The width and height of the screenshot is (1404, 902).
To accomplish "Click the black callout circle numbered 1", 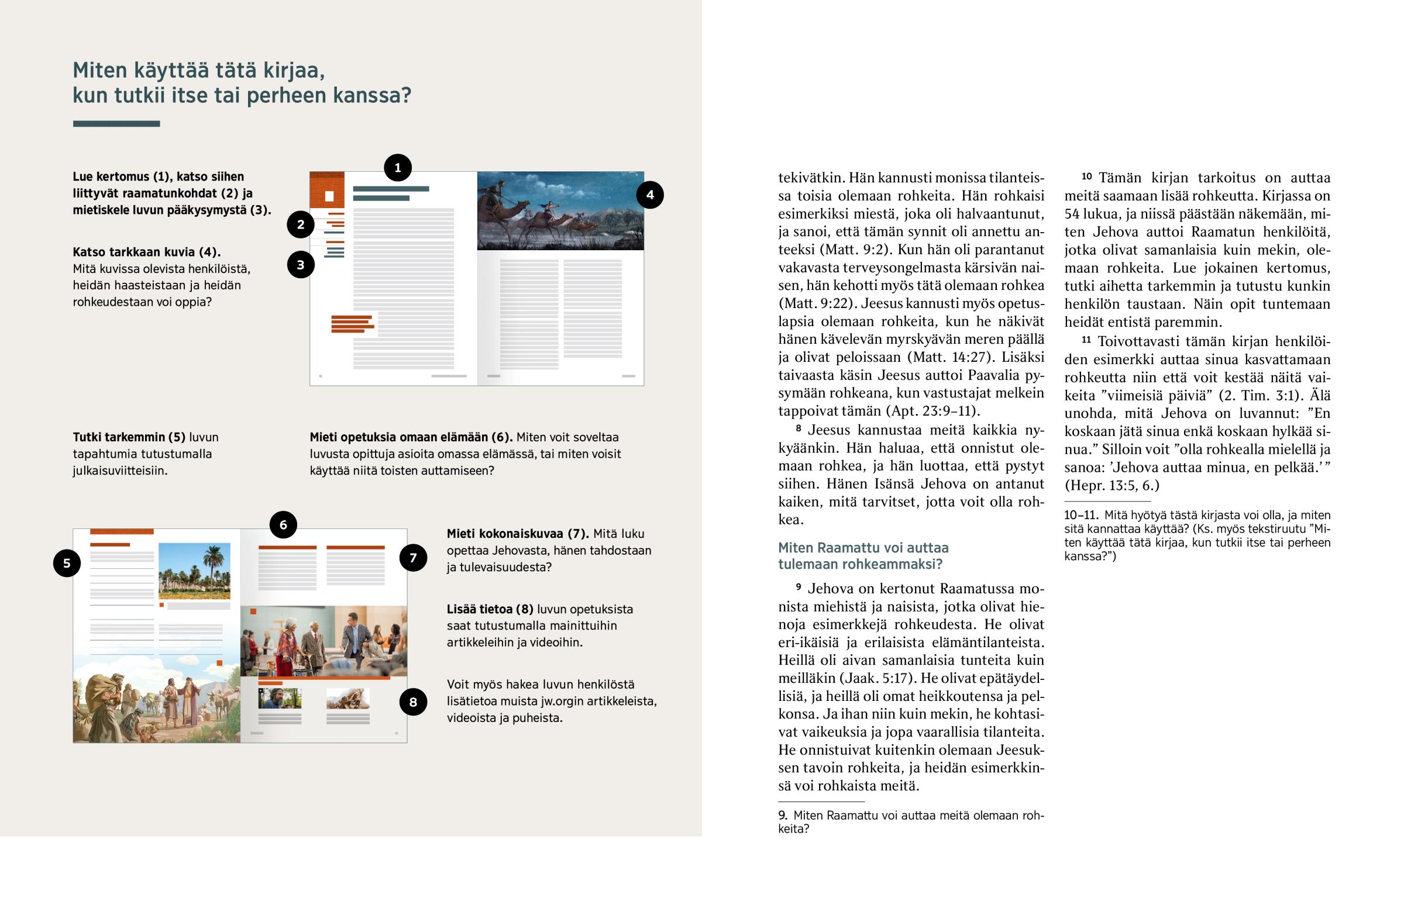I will pos(397,168).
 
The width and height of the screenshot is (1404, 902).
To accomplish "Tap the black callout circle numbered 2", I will pos(301,224).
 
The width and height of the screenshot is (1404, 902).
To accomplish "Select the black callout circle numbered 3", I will pos(301,265).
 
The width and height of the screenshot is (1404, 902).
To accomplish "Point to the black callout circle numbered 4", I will pos(649,195).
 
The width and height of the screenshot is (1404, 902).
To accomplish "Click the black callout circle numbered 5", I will pos(67,564).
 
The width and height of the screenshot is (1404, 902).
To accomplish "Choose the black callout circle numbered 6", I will pos(283,525).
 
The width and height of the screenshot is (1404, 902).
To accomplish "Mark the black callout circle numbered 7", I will pos(413,558).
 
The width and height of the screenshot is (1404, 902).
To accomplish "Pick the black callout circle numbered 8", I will pos(413,701).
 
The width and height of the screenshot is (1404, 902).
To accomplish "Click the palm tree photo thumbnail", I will pos(194,571).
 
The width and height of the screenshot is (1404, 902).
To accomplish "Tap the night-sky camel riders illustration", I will pos(560,211).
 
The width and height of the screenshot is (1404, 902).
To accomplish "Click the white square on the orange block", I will pos(329,196).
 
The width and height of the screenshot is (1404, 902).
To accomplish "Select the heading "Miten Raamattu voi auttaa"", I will pos(862,548).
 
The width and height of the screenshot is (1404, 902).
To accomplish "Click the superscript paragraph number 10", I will pos(1086,177).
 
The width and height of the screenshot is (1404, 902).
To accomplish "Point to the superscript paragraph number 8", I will pos(798,428).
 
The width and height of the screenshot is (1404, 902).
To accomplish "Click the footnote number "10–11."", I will pos(1080,516).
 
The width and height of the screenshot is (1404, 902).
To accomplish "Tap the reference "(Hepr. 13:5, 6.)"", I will pos(1111,486).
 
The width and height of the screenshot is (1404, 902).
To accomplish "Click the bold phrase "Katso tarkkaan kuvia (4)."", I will pos(146,252).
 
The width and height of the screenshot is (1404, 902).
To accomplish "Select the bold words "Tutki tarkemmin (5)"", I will pos(129,437).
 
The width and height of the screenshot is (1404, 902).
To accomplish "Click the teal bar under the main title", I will pos(116,123).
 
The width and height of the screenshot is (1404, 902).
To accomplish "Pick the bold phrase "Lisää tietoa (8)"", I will pos(490,609).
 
